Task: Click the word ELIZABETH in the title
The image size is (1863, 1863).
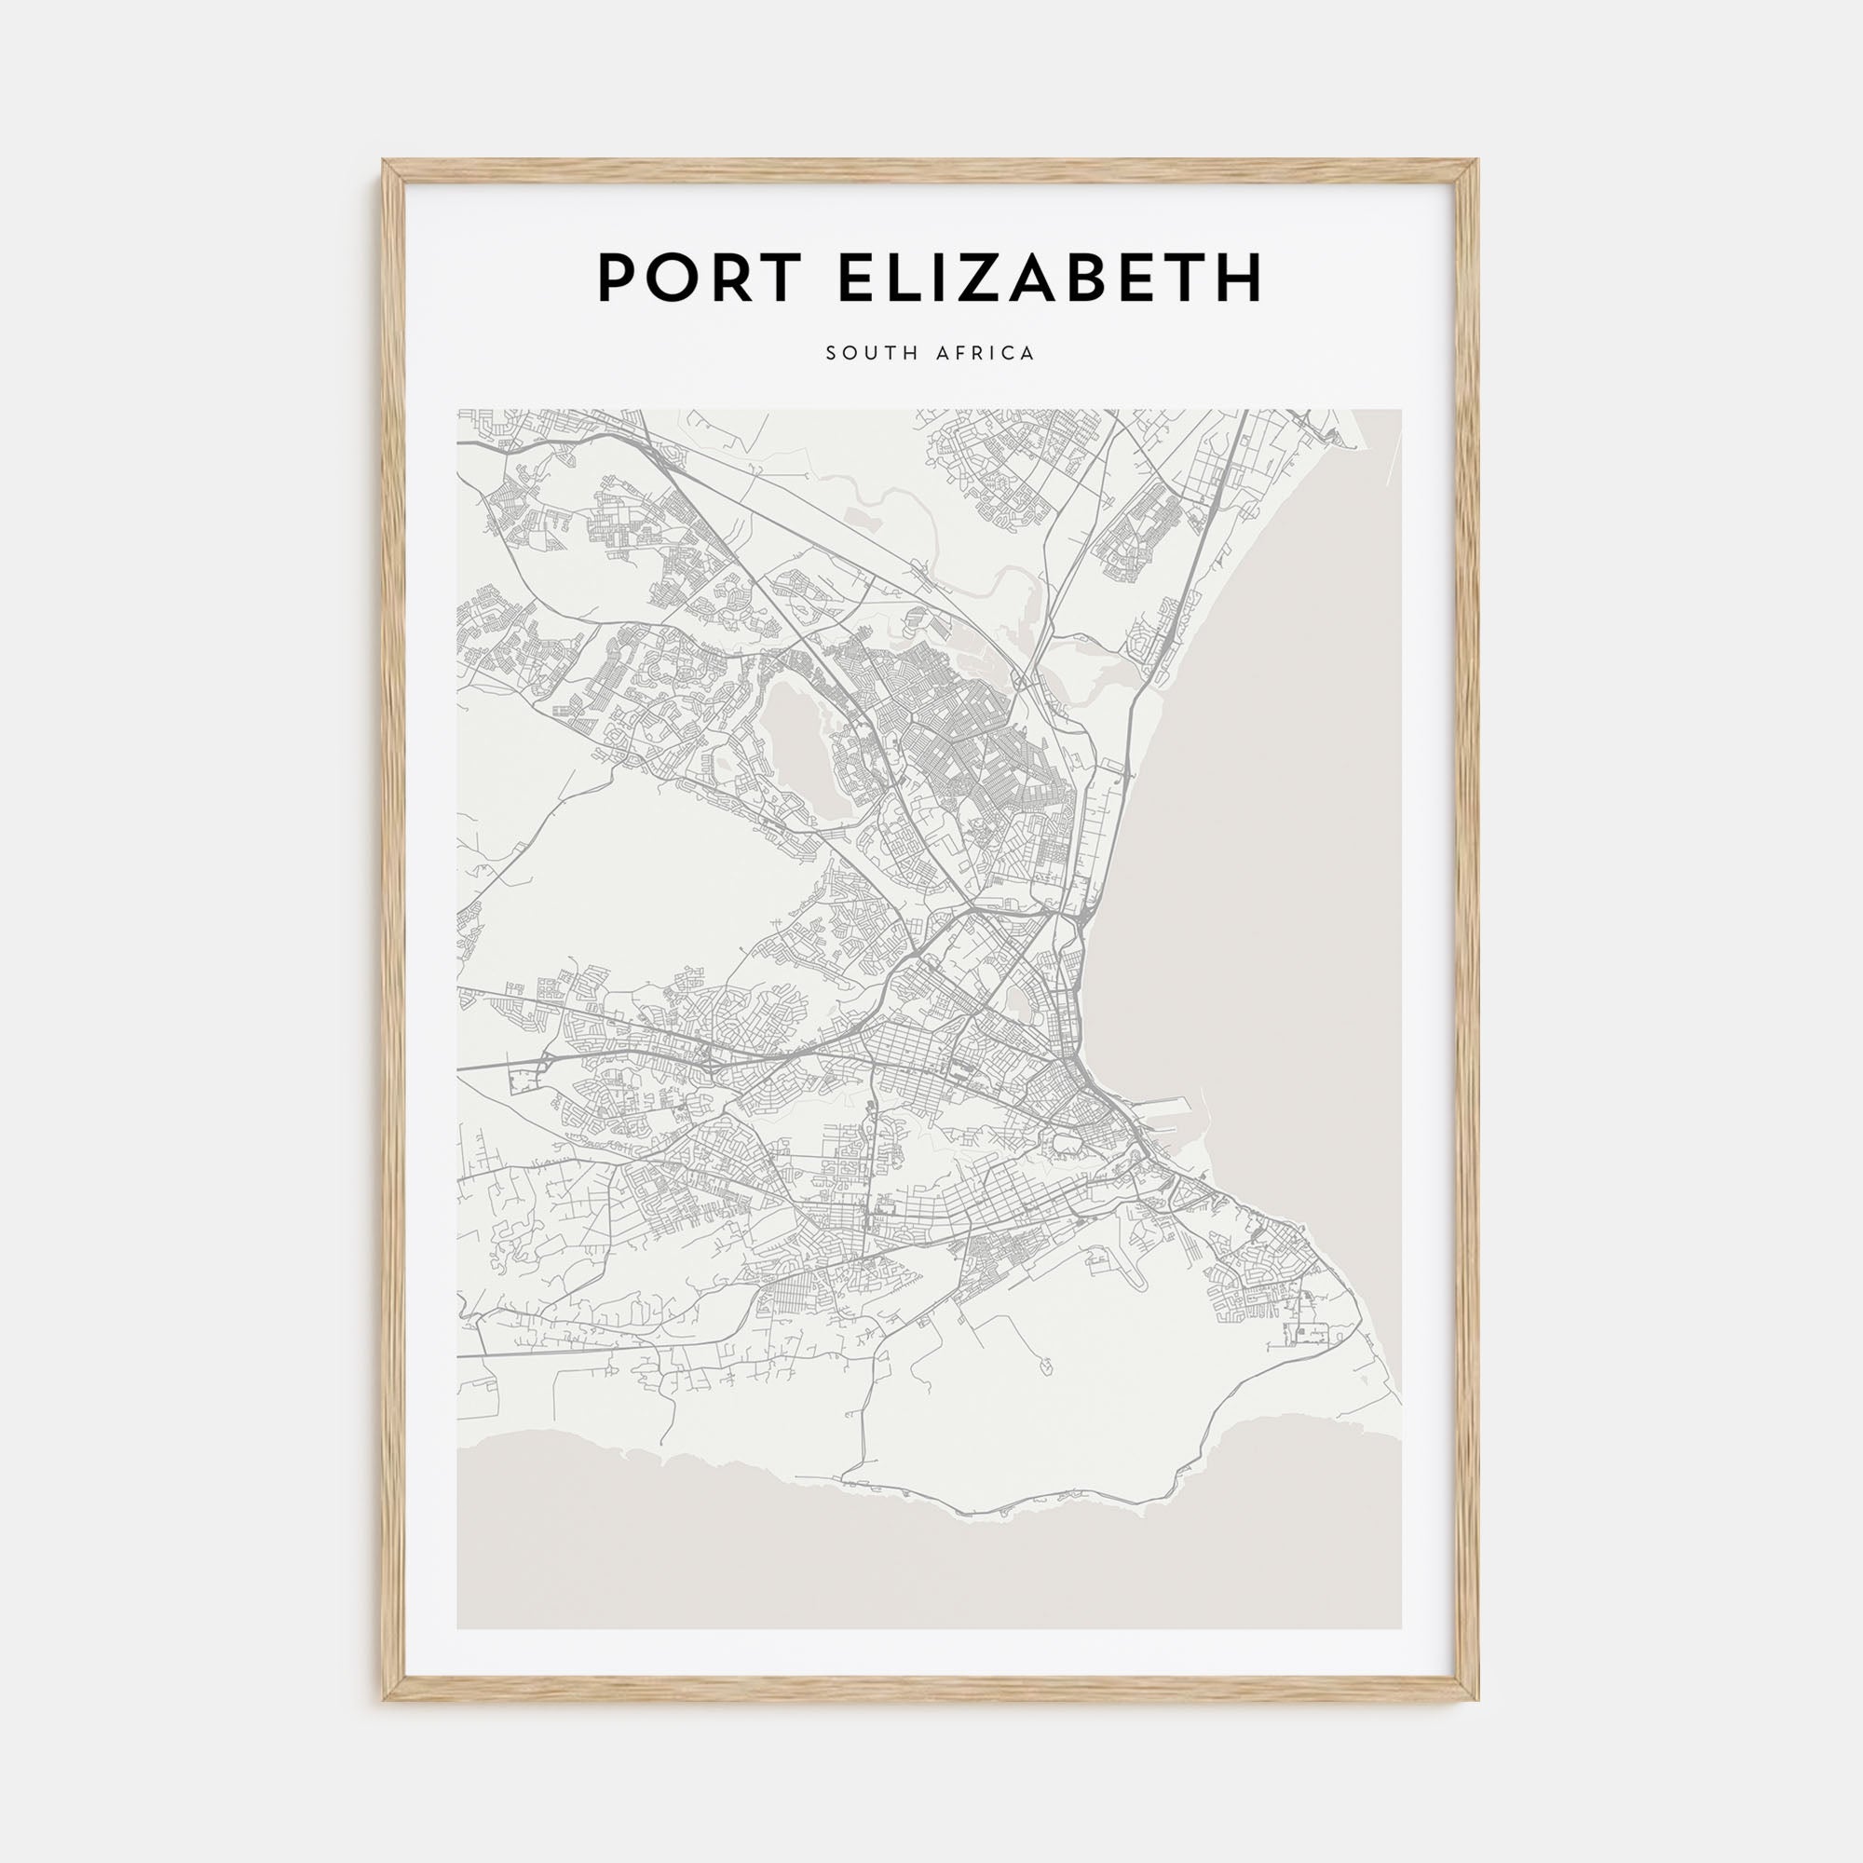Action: coord(1050,278)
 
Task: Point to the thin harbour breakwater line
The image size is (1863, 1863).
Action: coord(1203,1108)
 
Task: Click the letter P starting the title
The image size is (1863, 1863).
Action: coord(619,278)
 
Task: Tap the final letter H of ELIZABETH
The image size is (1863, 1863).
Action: coord(1241,278)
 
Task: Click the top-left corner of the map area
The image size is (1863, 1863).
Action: coord(458,411)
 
